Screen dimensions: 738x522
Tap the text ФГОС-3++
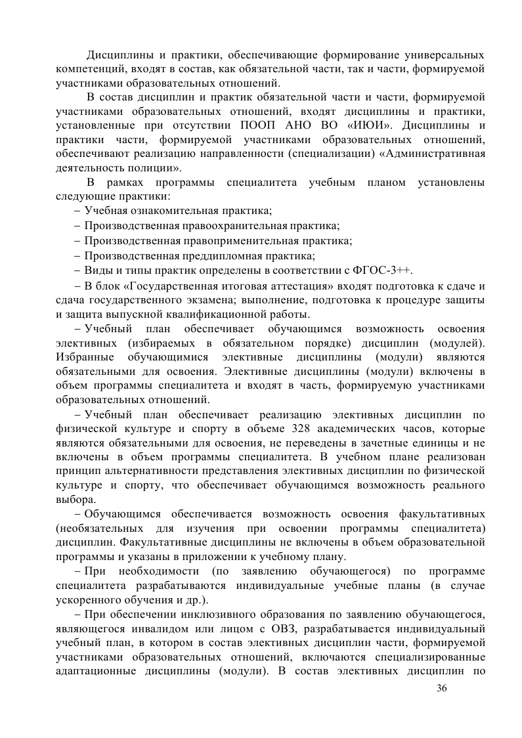click(387, 271)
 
